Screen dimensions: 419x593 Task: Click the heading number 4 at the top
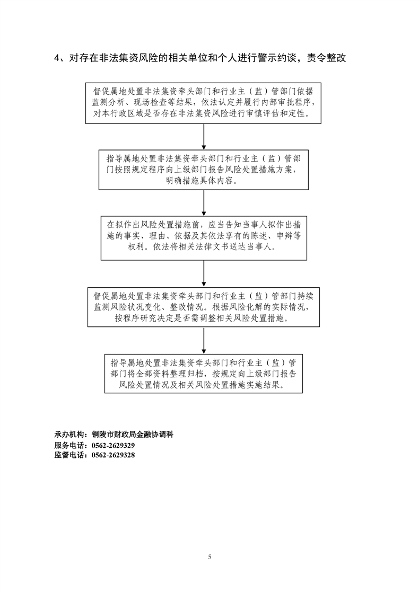57,58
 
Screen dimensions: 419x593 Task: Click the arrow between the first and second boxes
204,137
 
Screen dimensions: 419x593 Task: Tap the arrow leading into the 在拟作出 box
204,203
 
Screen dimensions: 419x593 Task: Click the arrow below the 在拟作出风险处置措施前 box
204,273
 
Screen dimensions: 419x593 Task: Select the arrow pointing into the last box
204,340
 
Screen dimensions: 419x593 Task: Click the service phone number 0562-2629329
113,445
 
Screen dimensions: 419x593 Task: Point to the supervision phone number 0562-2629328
113,455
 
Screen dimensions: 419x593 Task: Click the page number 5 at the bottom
210,556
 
